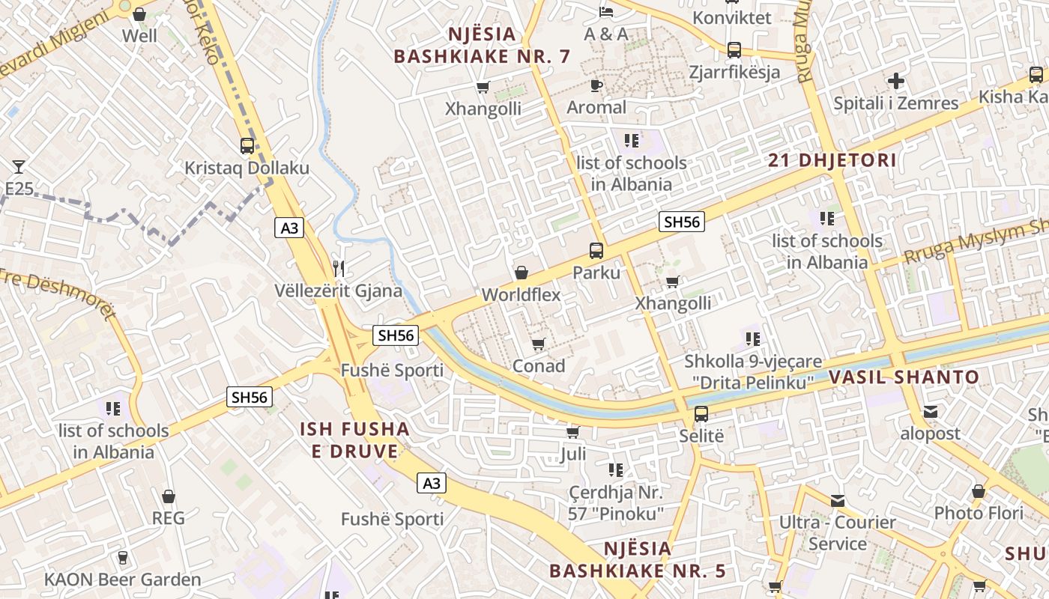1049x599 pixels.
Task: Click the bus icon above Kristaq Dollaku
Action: click(x=247, y=145)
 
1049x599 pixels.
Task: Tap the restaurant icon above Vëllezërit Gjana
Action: click(x=339, y=268)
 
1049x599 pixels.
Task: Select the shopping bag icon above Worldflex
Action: click(x=521, y=273)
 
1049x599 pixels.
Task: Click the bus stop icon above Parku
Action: click(x=596, y=250)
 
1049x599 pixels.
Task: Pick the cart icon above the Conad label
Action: click(x=538, y=344)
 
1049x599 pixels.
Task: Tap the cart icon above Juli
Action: click(x=573, y=432)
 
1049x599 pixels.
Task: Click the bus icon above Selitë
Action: click(x=701, y=413)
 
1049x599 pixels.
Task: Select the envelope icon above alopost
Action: click(x=931, y=411)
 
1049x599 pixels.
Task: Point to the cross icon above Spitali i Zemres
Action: click(x=896, y=81)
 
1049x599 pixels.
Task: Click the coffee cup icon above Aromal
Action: click(x=596, y=85)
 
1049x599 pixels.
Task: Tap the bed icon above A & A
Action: click(x=606, y=11)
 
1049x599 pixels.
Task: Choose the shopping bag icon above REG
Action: click(x=169, y=496)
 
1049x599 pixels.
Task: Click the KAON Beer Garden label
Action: click(x=123, y=580)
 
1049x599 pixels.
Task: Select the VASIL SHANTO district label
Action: click(x=904, y=377)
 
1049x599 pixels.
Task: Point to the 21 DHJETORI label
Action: click(x=832, y=159)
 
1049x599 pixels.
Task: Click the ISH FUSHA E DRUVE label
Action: click(x=354, y=440)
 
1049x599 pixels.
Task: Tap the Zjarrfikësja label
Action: click(x=734, y=72)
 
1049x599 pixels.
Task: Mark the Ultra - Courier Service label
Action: click(x=838, y=533)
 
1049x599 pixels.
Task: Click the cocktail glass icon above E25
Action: click(x=19, y=166)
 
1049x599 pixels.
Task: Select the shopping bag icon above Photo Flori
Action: click(x=978, y=491)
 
